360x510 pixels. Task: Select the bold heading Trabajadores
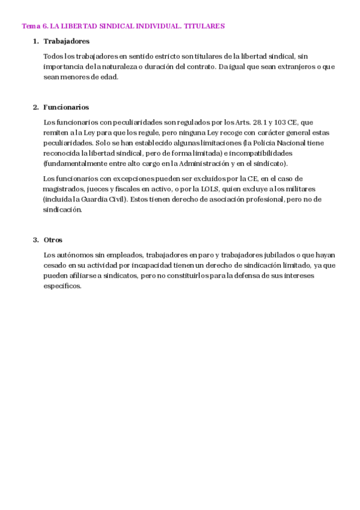67,41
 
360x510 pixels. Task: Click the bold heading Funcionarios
66,107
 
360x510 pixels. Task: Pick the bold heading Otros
53,240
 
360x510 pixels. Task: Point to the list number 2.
35,107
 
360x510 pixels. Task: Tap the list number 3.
35,240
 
